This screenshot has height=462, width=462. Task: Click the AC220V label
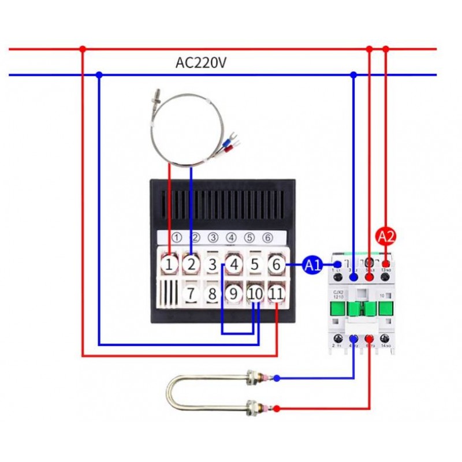pyautogui.click(x=200, y=63)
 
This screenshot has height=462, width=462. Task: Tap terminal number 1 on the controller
pyautogui.click(x=169, y=264)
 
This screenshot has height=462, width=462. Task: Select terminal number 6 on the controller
pyautogui.click(x=277, y=264)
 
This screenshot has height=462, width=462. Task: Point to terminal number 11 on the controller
pyautogui.click(x=277, y=293)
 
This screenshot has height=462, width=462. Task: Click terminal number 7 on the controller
pyautogui.click(x=191, y=293)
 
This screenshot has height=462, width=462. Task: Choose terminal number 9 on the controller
pyautogui.click(x=233, y=293)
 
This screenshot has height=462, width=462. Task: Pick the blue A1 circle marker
pyautogui.click(x=313, y=265)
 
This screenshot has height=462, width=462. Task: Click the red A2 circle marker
pyautogui.click(x=386, y=236)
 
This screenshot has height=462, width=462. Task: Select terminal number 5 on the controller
pyautogui.click(x=254, y=264)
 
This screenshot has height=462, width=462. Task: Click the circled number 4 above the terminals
pyautogui.click(x=231, y=237)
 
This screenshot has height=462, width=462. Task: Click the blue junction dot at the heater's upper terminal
pyautogui.click(x=277, y=378)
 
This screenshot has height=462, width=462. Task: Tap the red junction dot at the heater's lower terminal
pyautogui.click(x=277, y=408)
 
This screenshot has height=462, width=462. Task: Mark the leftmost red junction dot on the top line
pyautogui.click(x=83, y=49)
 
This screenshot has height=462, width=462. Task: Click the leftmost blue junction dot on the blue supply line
pyautogui.click(x=99, y=74)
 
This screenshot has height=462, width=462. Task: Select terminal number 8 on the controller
pyautogui.click(x=213, y=293)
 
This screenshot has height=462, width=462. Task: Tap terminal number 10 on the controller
pyautogui.click(x=255, y=293)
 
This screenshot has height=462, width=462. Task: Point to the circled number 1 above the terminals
pyautogui.click(x=177, y=237)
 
